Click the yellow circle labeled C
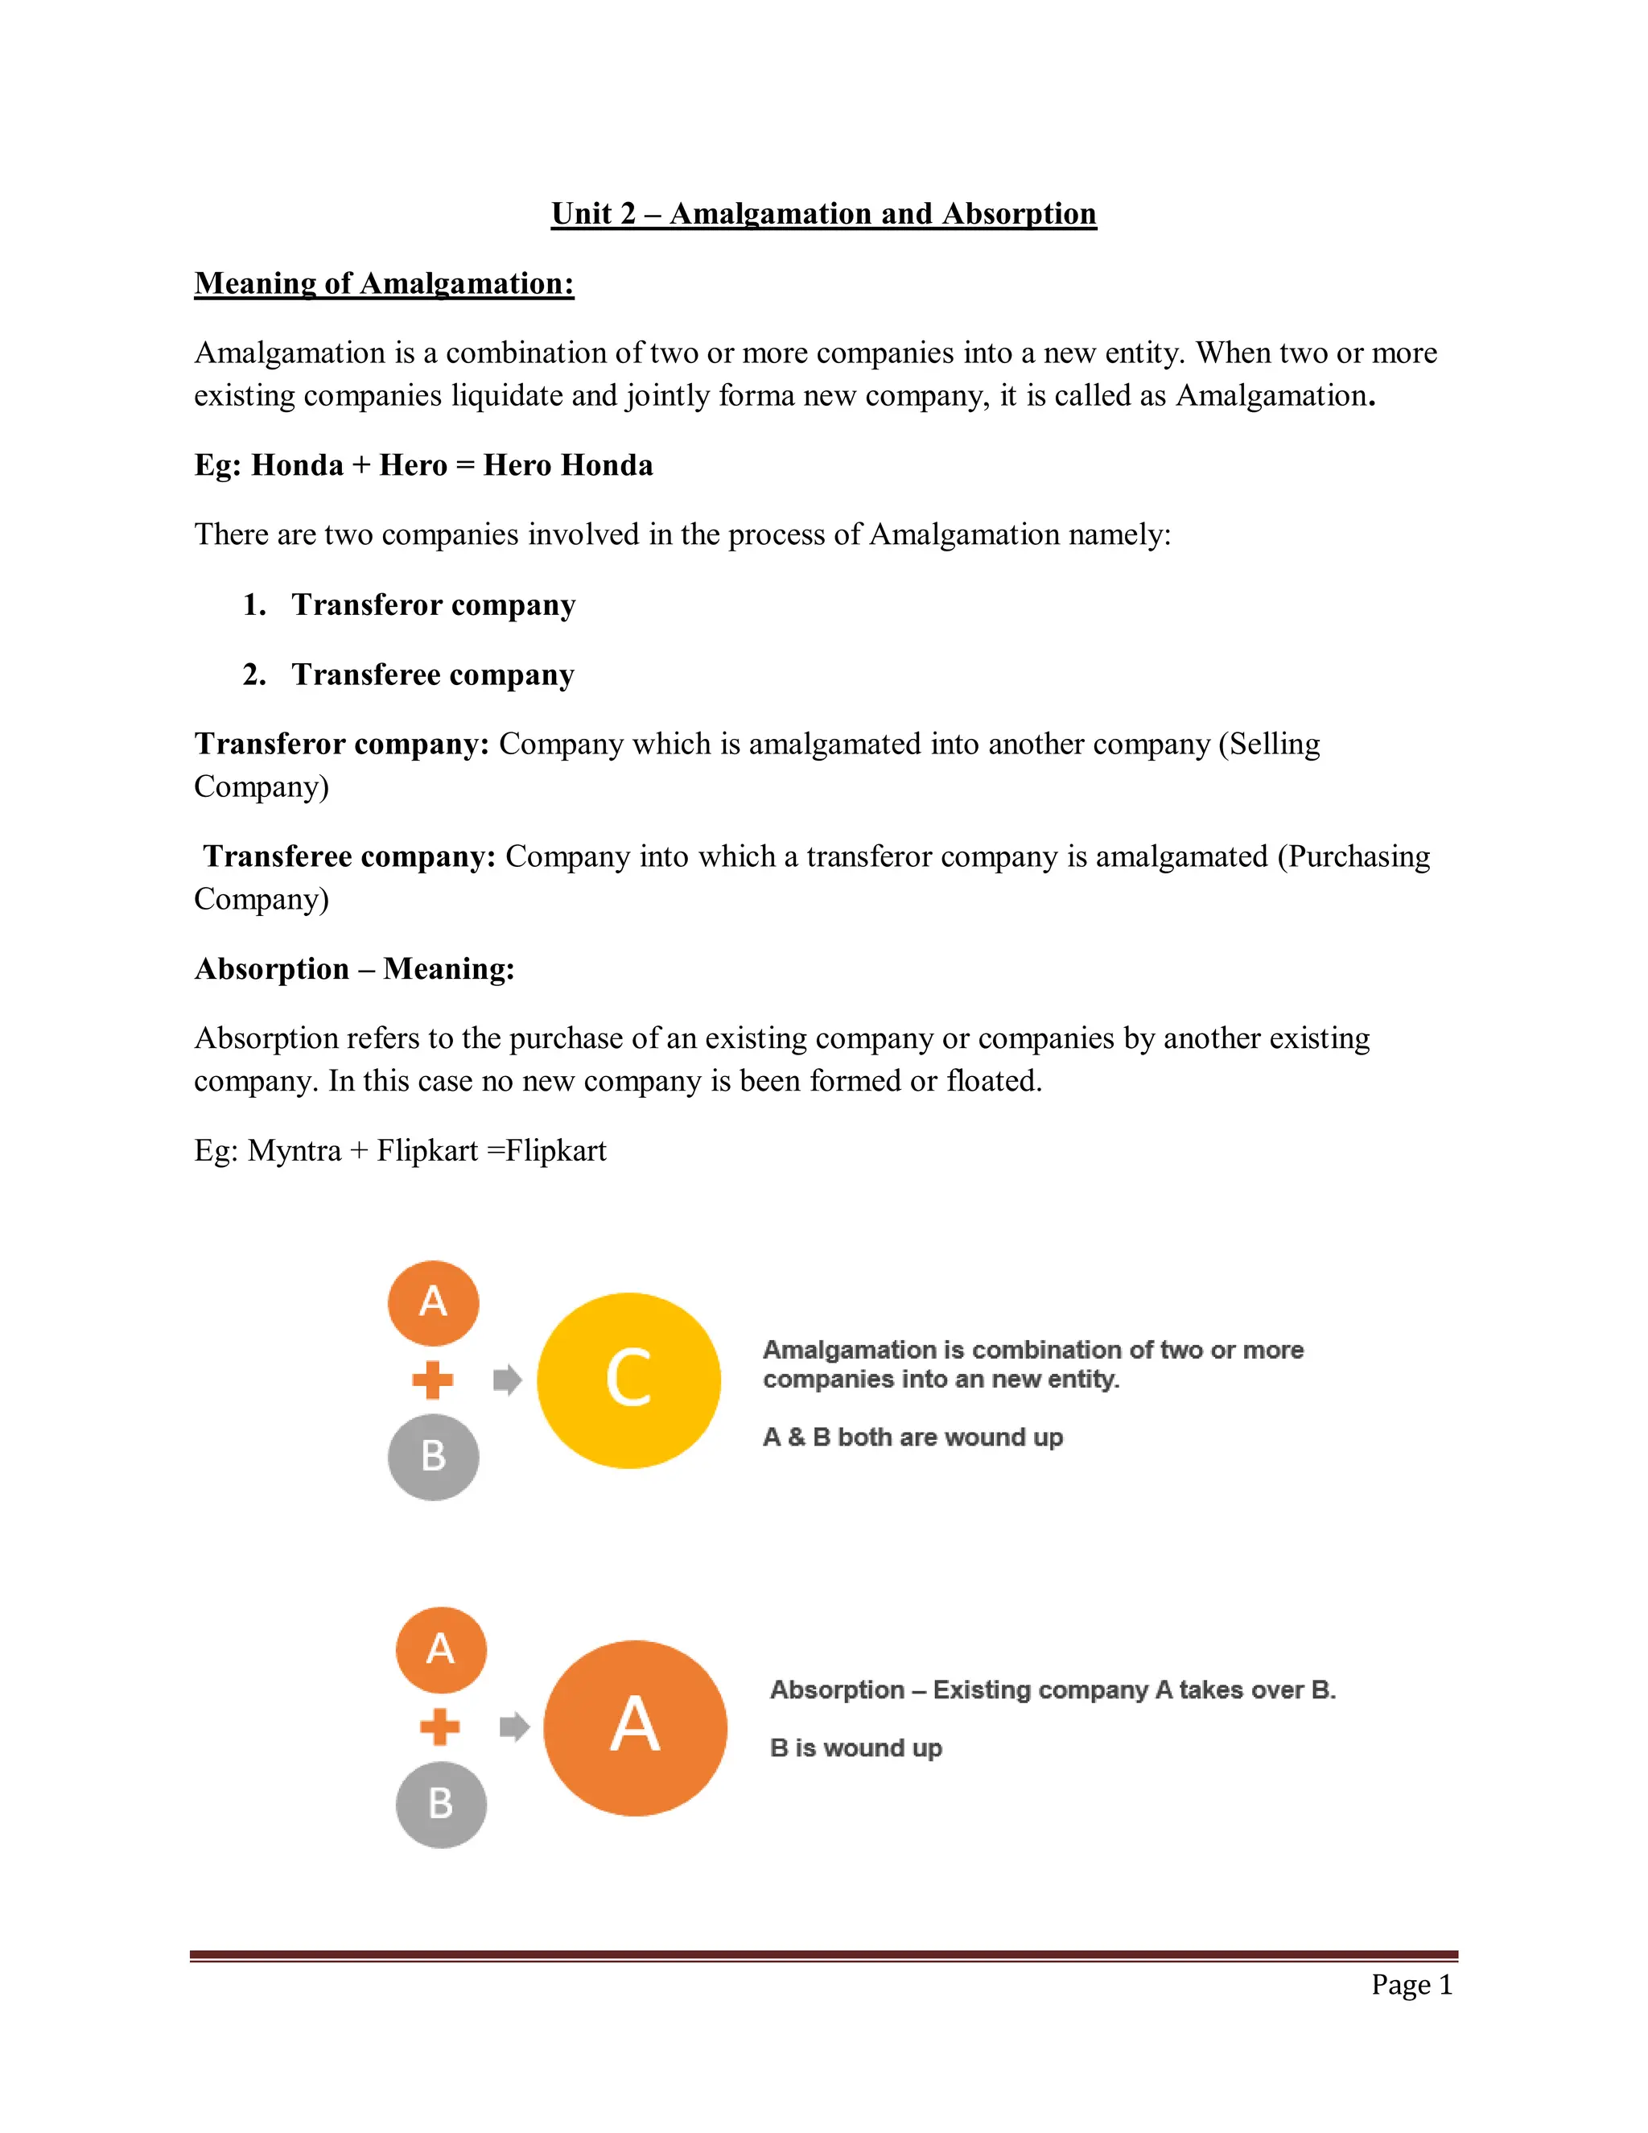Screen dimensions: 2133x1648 628,1380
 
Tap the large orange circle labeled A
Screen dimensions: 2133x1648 635,1727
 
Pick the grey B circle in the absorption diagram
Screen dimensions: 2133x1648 441,1804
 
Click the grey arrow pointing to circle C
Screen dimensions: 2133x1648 507,1380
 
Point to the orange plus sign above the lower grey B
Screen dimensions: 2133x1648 440,1727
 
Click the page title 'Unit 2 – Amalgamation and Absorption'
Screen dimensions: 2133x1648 823,213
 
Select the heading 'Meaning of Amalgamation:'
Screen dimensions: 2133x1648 384,283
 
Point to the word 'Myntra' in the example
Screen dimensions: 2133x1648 294,1150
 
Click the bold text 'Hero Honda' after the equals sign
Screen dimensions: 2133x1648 568,465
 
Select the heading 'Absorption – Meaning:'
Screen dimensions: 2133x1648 354,969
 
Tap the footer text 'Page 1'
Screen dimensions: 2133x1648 1411,1985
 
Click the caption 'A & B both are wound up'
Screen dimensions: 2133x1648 913,1437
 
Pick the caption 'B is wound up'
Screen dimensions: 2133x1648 855,1747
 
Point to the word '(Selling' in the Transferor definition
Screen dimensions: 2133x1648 1269,745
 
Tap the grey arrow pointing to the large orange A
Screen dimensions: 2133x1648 514,1727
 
